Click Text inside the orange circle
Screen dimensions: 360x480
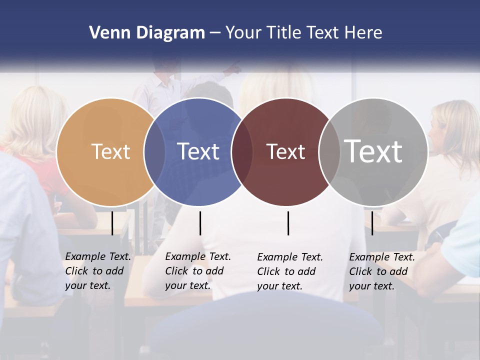click(110, 151)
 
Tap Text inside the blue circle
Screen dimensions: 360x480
click(198, 151)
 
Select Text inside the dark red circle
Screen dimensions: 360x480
click(285, 151)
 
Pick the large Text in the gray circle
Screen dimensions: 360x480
click(373, 151)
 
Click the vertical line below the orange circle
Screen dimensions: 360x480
click(112, 223)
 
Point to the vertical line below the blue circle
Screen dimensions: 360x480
click(200, 223)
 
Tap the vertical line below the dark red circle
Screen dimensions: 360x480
click(288, 223)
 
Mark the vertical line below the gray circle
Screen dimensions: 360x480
click(372, 223)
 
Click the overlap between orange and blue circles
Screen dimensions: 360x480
click(154, 151)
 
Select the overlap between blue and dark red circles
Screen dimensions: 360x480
click(242, 151)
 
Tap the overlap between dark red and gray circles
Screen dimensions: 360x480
click(329, 151)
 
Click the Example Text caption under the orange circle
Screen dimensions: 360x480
click(97, 271)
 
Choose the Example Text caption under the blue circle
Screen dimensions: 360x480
click(197, 271)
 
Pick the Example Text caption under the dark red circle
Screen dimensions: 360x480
click(289, 271)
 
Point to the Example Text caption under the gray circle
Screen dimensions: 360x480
click(381, 271)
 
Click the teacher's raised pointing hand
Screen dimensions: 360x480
click(234, 68)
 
